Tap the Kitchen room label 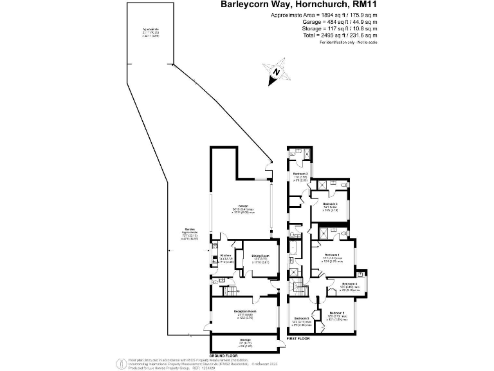click(x=225, y=256)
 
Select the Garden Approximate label click(x=189, y=232)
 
